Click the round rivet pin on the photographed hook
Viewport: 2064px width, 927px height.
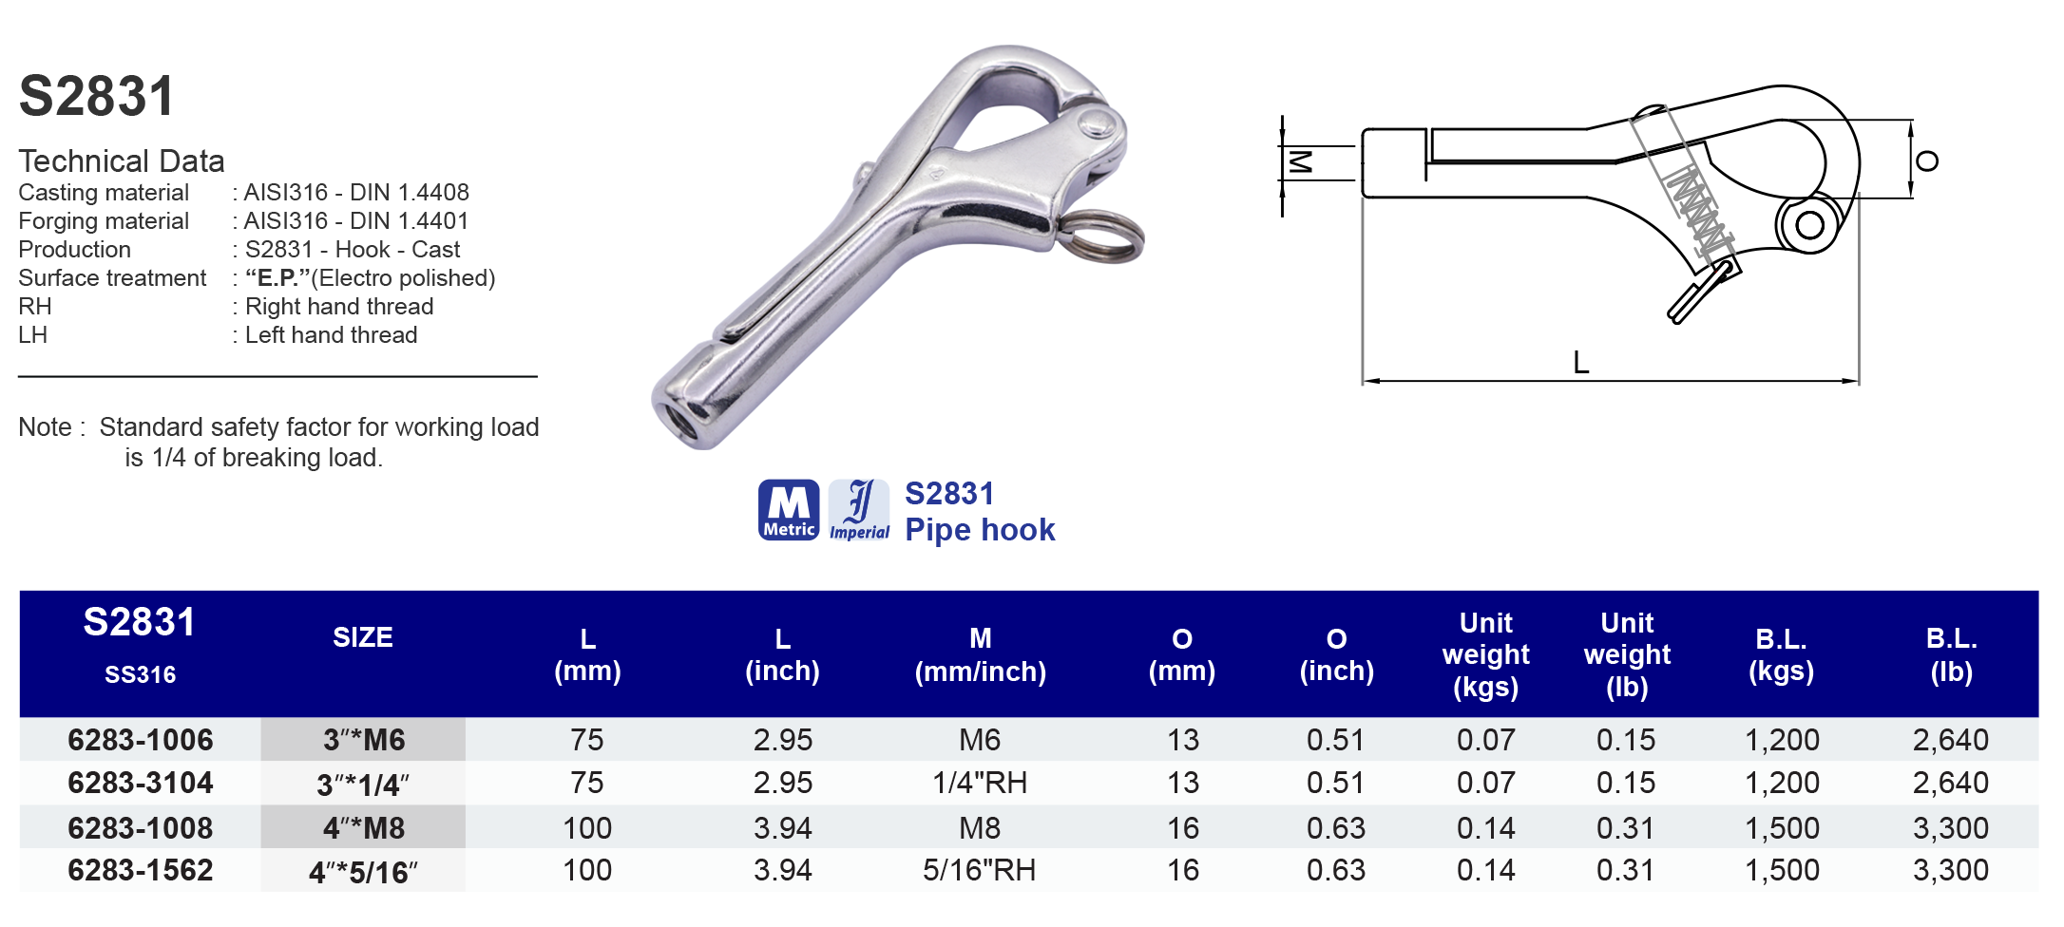click(1098, 124)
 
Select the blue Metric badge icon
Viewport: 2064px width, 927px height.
click(789, 510)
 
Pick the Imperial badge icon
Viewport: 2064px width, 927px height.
click(859, 510)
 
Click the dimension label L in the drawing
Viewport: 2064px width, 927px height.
click(1580, 363)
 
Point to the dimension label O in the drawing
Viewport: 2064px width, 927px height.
click(1927, 161)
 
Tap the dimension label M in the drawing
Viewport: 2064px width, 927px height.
click(1300, 162)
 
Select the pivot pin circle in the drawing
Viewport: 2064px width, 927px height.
click(1809, 226)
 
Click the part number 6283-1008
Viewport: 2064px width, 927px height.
click(141, 827)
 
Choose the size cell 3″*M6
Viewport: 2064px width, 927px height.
click(363, 740)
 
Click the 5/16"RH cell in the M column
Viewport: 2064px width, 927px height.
click(979, 870)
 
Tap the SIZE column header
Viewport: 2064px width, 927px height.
click(363, 637)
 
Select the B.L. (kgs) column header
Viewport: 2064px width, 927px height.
click(1781, 654)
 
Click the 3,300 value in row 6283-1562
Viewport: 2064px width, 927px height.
click(1950, 870)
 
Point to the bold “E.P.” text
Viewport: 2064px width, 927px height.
click(277, 278)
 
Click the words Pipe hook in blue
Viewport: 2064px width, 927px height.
click(980, 530)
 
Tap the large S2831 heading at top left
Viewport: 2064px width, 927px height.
click(97, 97)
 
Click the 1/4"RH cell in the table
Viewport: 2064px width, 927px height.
click(979, 783)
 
